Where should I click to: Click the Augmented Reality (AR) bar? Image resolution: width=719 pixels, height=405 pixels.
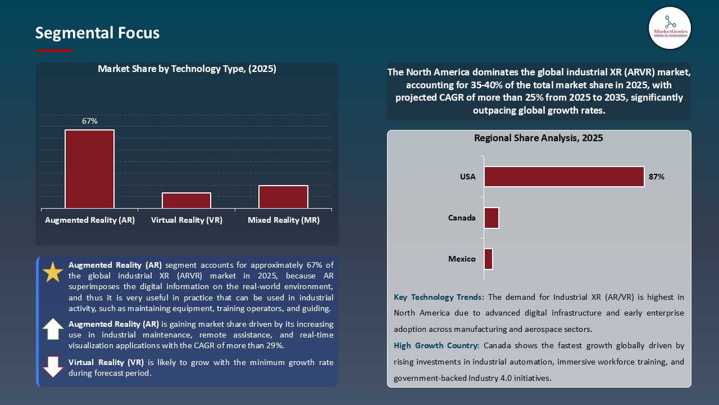pos(89,169)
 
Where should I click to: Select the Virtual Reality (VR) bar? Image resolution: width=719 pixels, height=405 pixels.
pos(186,201)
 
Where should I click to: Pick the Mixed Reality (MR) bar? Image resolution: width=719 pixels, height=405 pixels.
pos(283,197)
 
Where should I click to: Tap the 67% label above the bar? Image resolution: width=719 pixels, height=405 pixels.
pos(89,121)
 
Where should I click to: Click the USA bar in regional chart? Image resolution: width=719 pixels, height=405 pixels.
pos(564,177)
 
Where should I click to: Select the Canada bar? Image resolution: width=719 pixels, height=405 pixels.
pos(492,218)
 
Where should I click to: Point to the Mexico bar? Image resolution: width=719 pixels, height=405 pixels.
pos(488,259)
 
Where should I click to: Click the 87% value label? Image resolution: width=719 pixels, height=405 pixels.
pos(656,177)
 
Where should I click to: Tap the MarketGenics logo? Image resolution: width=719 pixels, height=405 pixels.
pos(670,28)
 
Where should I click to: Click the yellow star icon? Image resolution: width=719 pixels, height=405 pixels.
pos(53,272)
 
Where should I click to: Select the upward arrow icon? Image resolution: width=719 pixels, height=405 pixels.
pos(53,329)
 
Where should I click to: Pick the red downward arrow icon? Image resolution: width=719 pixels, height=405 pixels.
pos(53,367)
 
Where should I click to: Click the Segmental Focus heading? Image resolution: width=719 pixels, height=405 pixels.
pos(97,33)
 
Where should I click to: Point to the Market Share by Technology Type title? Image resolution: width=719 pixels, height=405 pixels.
pos(187,69)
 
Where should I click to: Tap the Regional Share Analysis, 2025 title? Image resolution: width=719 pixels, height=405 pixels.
pos(538,138)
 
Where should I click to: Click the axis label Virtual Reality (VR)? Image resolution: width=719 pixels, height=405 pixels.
pos(186,220)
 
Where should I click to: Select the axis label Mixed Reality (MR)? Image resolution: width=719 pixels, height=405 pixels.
pos(283,220)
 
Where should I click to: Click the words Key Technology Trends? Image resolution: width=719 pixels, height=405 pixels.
pos(439,297)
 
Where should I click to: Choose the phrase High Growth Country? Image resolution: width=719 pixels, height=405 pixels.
pos(436,346)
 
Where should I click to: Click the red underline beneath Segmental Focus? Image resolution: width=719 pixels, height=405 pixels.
pos(54,51)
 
